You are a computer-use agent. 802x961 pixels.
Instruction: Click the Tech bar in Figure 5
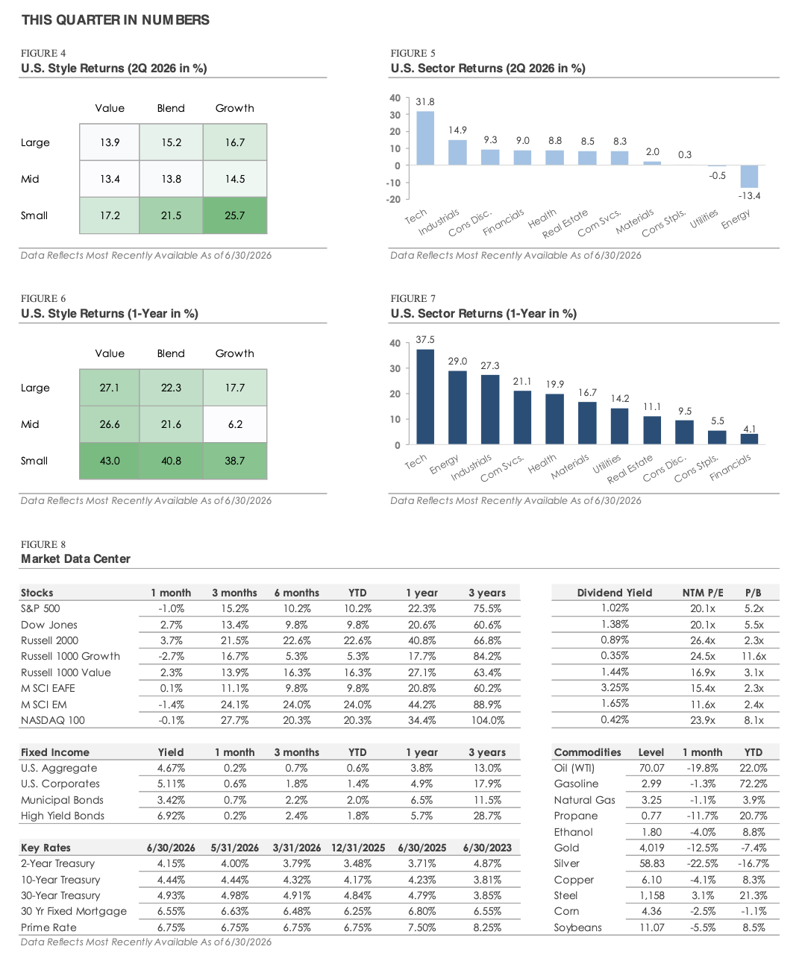click(x=425, y=138)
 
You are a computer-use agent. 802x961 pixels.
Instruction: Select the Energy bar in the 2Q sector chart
click(x=748, y=176)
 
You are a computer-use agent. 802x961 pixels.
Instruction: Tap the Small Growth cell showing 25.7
click(x=235, y=215)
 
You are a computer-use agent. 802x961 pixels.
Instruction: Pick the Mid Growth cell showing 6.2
click(x=235, y=424)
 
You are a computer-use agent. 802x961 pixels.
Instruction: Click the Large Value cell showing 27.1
click(x=109, y=388)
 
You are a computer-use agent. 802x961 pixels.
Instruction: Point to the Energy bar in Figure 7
click(x=457, y=407)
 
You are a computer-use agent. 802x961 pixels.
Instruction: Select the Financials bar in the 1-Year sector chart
click(x=748, y=439)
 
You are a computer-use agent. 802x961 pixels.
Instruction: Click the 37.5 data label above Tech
click(x=425, y=340)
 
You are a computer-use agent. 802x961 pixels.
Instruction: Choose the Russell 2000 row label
click(x=49, y=640)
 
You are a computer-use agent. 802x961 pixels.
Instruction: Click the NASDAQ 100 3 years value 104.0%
click(x=487, y=720)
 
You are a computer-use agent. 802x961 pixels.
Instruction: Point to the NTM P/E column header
click(x=703, y=593)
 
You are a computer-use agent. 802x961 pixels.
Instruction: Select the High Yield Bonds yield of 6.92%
click(x=171, y=816)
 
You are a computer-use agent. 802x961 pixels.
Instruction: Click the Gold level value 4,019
click(x=651, y=848)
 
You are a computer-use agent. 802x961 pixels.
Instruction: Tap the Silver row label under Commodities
click(x=566, y=863)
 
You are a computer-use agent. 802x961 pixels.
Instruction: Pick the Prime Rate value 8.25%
click(x=487, y=927)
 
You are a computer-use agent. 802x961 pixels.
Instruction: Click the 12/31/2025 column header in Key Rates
click(x=358, y=848)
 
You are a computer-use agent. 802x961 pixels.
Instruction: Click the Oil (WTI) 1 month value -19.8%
click(x=703, y=768)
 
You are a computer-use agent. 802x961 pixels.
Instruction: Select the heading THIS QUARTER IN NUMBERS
click(x=115, y=20)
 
